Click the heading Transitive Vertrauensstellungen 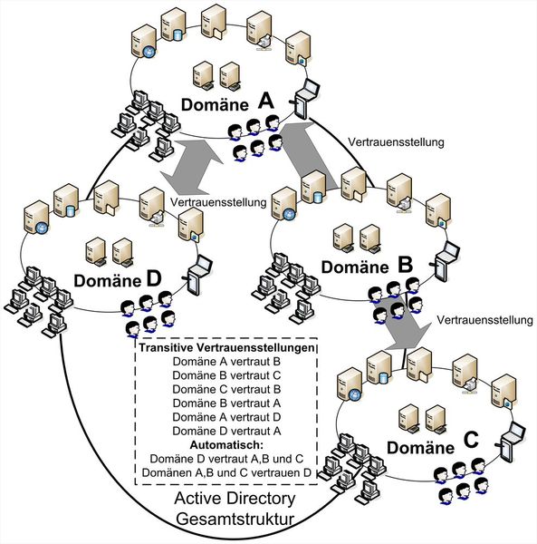(226, 347)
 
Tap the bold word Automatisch (226, 446)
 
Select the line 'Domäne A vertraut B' (226, 362)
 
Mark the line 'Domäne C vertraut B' (226, 390)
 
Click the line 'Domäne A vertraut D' (226, 418)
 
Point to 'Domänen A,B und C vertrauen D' (226, 474)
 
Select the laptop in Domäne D (198, 272)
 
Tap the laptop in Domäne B (444, 263)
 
